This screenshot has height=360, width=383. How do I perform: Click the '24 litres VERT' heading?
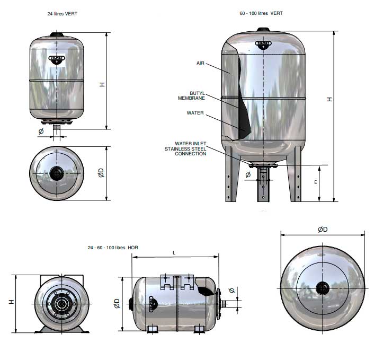63,14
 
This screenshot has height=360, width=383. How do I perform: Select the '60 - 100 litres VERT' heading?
261,13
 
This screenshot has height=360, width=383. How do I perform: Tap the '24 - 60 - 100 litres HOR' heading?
113,248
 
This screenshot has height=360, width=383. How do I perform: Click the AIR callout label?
200,63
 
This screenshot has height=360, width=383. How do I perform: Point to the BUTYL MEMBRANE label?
192,95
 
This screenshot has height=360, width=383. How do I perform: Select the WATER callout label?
195,113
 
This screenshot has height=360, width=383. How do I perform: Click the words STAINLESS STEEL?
185,149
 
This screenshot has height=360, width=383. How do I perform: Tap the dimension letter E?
316,182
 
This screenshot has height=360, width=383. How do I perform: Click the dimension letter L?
174,253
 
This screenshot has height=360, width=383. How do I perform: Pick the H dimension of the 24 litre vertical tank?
102,84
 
